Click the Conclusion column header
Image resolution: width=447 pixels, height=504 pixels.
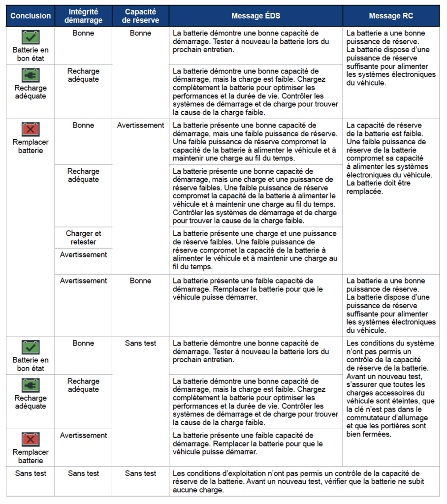31,16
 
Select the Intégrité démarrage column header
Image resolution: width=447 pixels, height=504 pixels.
84,16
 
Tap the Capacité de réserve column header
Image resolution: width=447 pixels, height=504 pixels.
141,16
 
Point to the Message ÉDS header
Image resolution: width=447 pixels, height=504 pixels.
256,16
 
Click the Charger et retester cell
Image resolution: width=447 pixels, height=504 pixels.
84,238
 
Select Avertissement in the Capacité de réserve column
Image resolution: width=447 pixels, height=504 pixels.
141,126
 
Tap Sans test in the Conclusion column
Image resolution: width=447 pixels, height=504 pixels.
31,473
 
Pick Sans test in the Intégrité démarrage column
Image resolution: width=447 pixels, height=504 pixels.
84,473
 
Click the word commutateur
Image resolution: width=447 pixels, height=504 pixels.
369,417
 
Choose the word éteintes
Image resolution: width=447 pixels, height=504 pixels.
397,401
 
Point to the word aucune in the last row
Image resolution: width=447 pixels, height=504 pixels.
185,490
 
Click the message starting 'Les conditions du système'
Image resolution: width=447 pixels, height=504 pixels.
391,388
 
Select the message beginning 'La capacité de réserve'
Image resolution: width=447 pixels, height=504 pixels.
391,158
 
